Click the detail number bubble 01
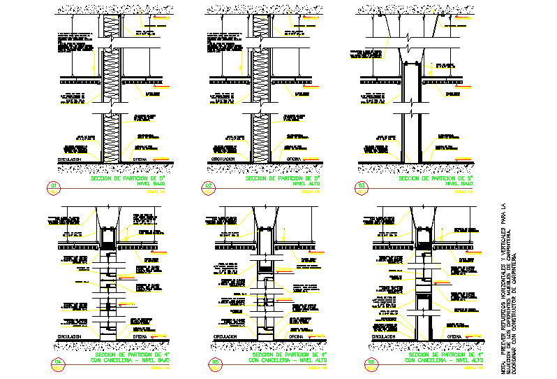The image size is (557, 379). pyautogui.click(x=52, y=186)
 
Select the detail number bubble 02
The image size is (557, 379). pyautogui.click(x=209, y=186)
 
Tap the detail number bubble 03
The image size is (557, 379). pyautogui.click(x=362, y=186)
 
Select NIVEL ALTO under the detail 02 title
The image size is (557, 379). pyautogui.click(x=306, y=185)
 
